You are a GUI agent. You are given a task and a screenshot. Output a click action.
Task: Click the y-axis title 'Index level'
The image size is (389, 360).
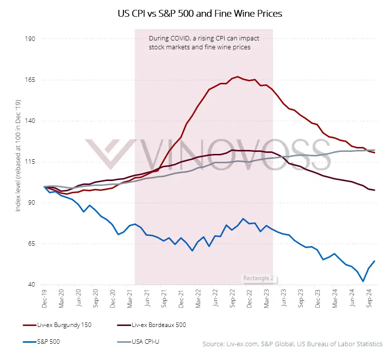click(18, 162)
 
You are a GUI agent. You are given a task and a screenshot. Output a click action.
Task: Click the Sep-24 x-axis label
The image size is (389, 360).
click(370, 299)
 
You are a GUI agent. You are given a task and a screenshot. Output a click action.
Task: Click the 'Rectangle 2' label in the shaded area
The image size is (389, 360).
click(258, 278)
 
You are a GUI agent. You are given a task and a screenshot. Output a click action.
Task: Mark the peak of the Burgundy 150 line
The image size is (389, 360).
click(238, 76)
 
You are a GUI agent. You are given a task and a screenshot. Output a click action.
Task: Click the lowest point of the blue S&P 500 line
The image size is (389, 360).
click(363, 282)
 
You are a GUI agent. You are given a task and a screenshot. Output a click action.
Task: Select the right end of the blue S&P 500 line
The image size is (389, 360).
click(375, 261)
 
